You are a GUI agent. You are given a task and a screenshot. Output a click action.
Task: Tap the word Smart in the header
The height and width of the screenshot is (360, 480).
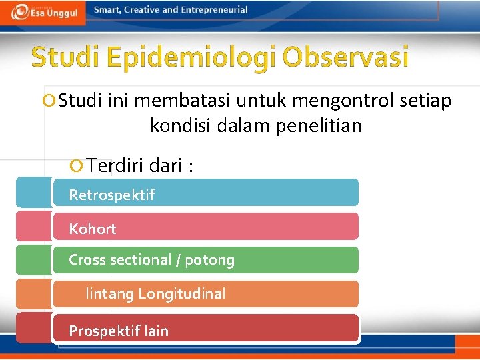click(108, 10)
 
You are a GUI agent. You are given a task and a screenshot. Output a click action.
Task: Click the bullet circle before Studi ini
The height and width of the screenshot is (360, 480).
click(47, 101)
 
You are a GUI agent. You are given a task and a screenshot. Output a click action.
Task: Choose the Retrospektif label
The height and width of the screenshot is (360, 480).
click(111, 195)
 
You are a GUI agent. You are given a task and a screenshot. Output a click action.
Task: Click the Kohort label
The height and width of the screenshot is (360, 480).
click(93, 229)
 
